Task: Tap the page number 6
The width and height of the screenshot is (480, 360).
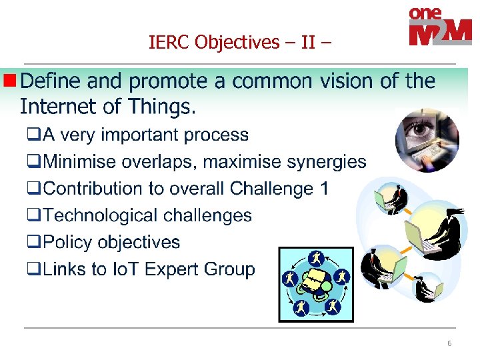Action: pos(449,343)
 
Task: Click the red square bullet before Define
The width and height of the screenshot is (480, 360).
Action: pos(10,81)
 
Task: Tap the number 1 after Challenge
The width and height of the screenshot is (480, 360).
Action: pos(324,189)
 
